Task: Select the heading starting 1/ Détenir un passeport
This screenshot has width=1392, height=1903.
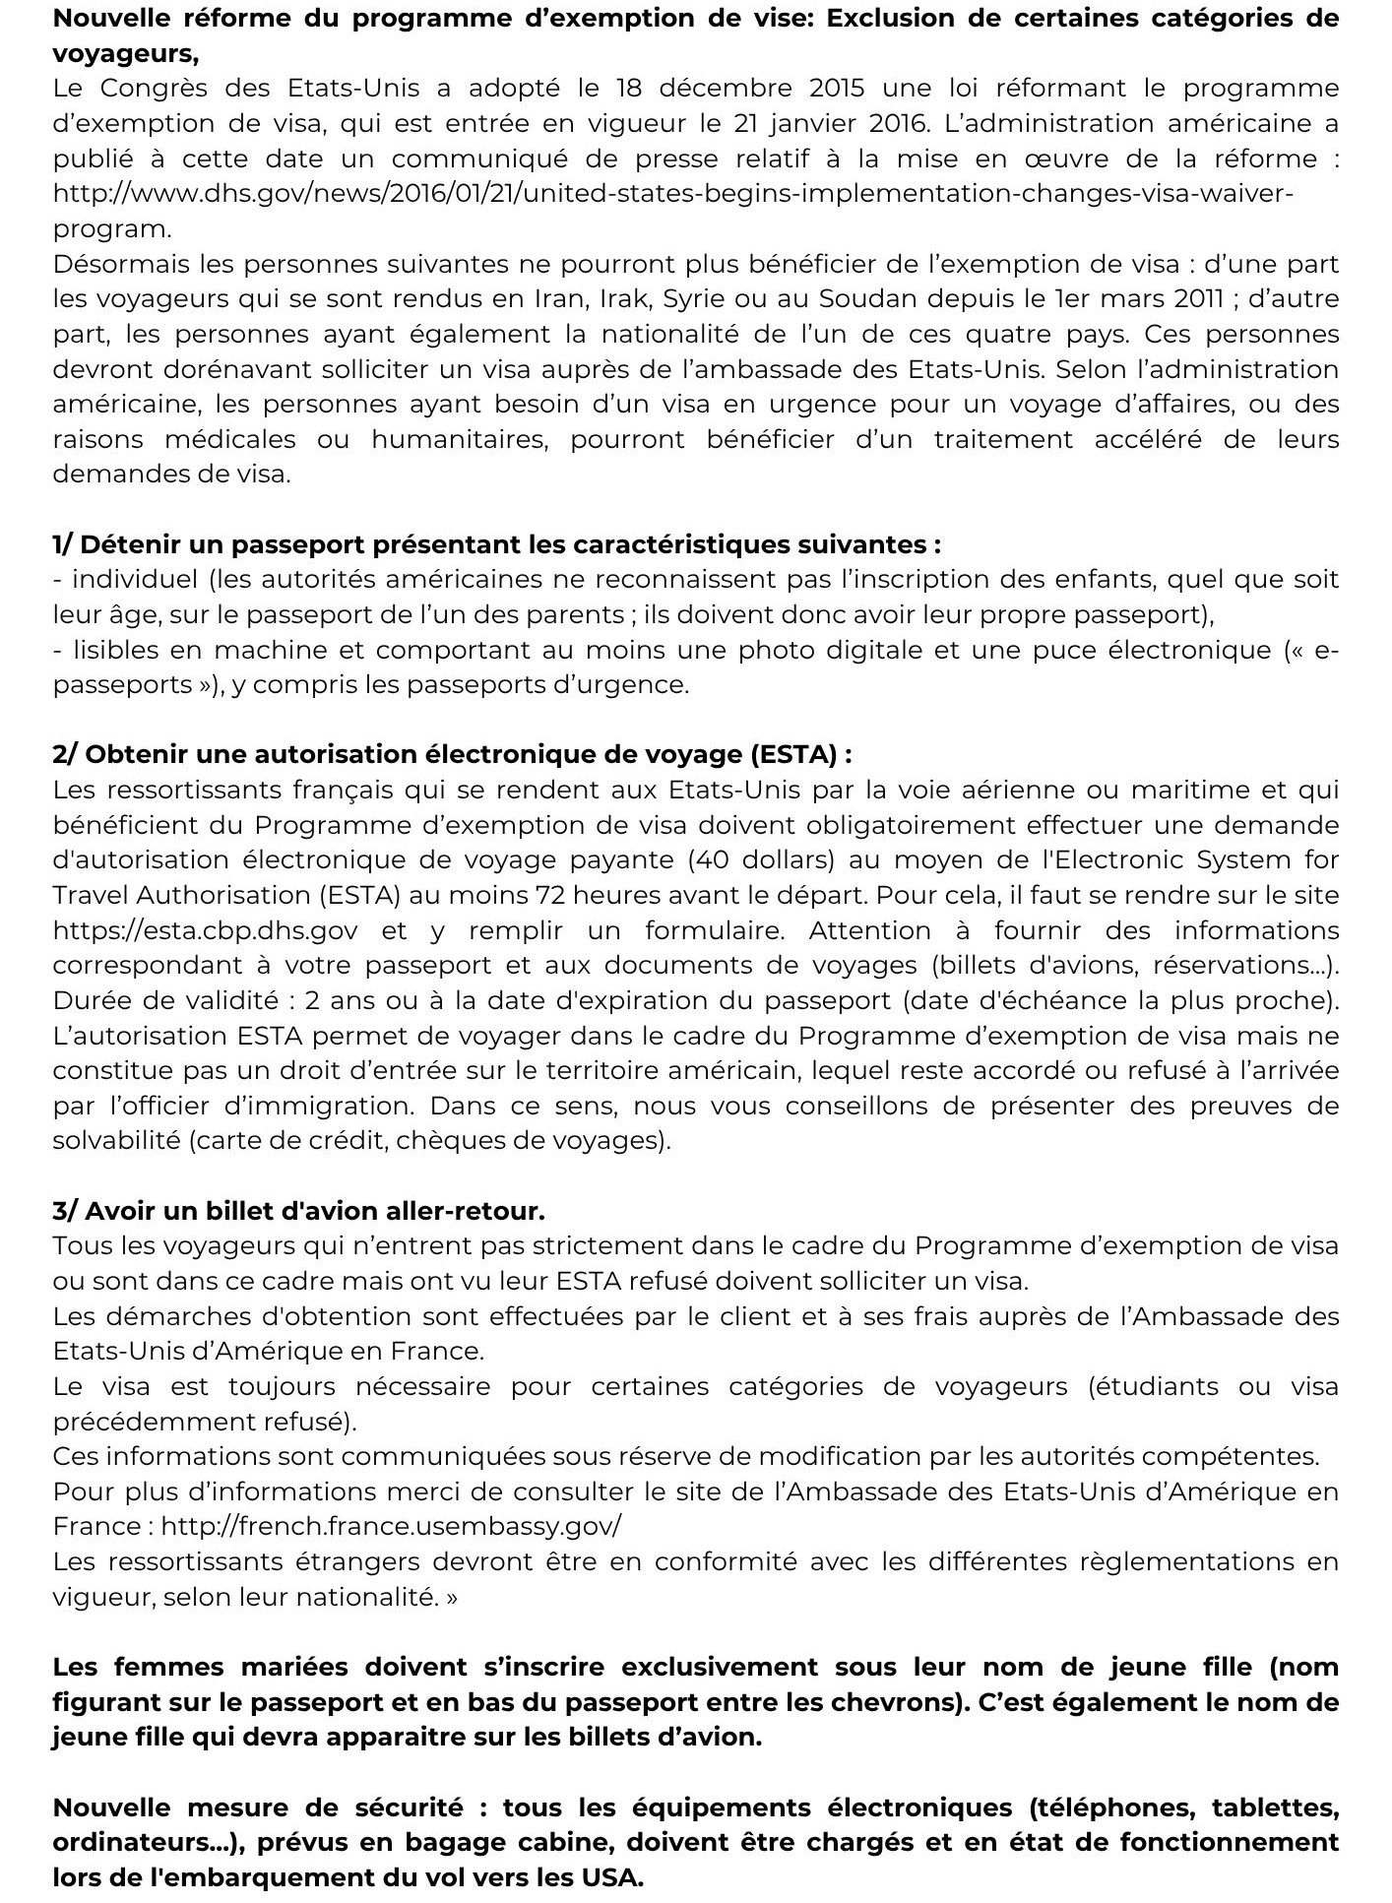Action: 496,544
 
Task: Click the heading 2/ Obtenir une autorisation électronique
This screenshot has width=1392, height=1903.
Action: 452,754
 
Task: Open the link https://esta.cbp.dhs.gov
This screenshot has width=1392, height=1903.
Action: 205,930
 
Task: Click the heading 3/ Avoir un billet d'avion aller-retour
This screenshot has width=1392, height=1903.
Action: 298,1210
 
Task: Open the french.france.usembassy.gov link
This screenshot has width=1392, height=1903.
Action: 391,1526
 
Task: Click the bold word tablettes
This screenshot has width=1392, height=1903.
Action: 1275,1808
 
